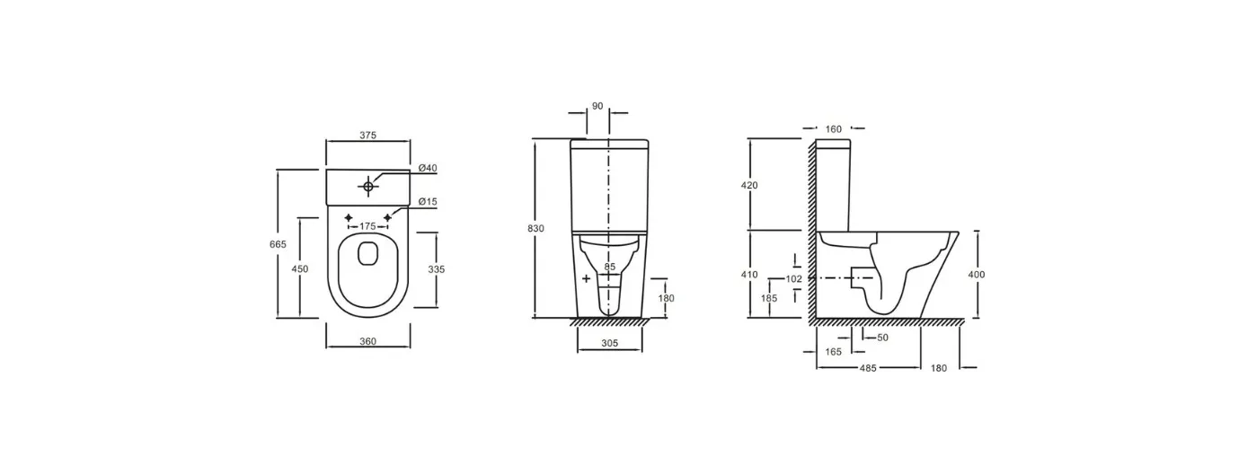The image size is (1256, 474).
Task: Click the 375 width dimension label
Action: (367, 135)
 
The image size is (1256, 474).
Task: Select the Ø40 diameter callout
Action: (428, 168)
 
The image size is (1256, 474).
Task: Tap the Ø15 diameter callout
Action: (428, 202)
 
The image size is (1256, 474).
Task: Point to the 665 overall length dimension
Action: (278, 244)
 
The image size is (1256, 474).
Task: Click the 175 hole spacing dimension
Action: (367, 226)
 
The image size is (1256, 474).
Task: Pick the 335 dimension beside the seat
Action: (437, 269)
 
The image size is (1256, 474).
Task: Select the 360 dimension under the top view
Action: (367, 341)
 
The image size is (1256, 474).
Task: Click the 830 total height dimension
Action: (535, 229)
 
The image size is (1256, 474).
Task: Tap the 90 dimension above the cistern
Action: (597, 106)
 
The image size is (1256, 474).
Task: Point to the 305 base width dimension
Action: (609, 344)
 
